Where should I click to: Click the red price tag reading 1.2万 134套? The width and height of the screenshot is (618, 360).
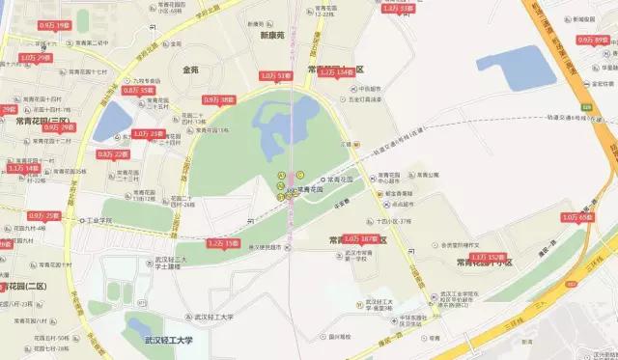(x=335, y=71)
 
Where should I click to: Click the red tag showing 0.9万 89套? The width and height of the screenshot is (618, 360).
(x=592, y=40)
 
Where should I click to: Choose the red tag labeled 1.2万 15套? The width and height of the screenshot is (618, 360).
(x=222, y=244)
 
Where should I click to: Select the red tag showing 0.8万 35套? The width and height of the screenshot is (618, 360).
(x=138, y=90)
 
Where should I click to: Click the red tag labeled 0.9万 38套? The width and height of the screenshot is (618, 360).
(x=219, y=99)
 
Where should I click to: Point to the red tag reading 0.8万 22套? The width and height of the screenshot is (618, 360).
(x=112, y=153)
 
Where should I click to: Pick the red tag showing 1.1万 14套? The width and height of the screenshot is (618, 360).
(x=23, y=168)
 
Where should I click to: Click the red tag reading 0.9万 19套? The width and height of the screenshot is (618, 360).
(x=55, y=23)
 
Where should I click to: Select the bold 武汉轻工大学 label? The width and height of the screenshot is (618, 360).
(x=170, y=339)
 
